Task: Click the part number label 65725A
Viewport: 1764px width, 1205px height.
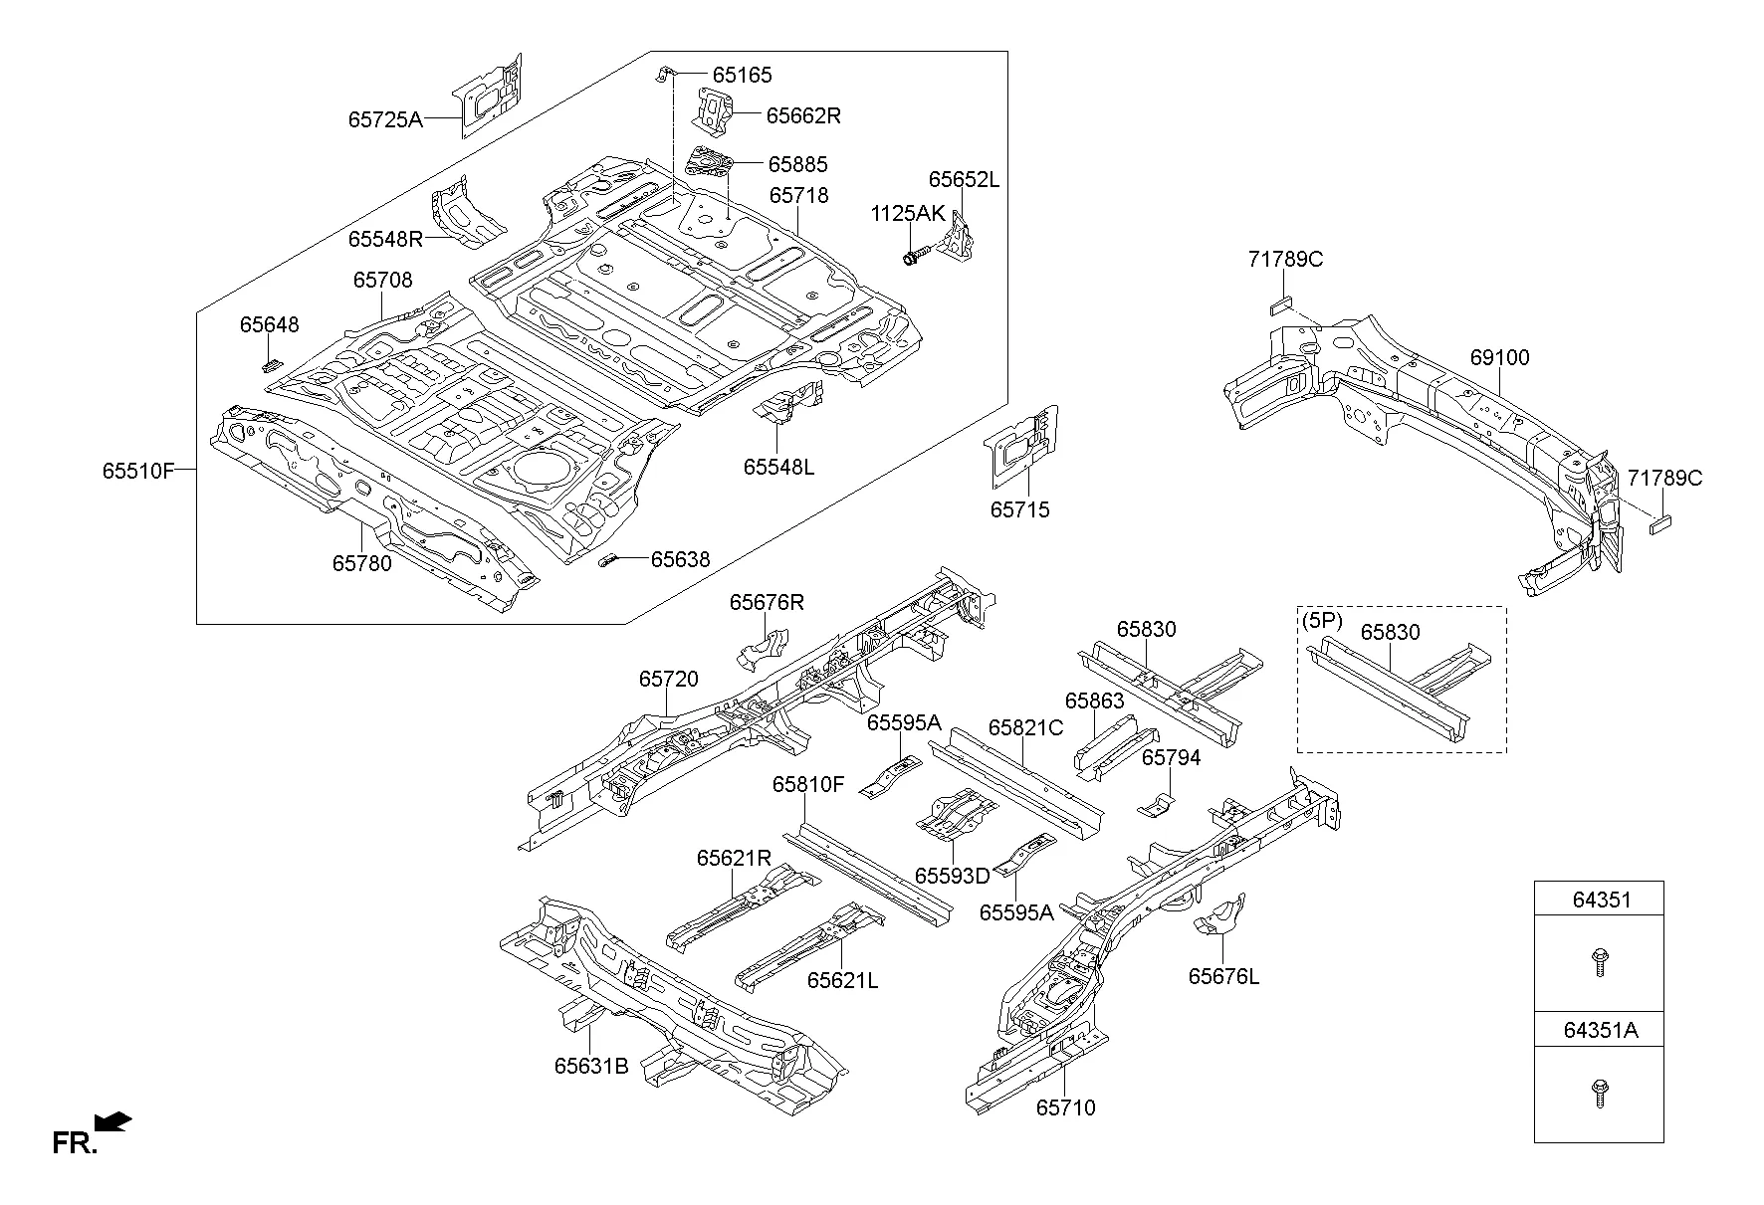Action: (384, 120)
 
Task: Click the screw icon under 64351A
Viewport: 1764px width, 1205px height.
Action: (1599, 1093)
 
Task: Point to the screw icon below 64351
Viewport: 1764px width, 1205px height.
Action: (1599, 962)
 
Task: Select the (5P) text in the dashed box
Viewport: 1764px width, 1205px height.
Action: (1322, 621)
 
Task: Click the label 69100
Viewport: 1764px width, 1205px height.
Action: (1499, 357)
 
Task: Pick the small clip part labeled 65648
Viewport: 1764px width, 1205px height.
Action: (271, 363)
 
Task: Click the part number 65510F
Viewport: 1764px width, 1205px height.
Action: (137, 471)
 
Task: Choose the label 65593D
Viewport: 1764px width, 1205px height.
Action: (952, 876)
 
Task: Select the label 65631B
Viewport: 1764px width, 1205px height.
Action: (591, 1066)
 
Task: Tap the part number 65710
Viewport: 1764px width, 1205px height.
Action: (1065, 1107)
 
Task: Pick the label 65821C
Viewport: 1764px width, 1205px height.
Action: (1025, 728)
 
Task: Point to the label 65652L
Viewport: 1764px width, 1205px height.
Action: (963, 180)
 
